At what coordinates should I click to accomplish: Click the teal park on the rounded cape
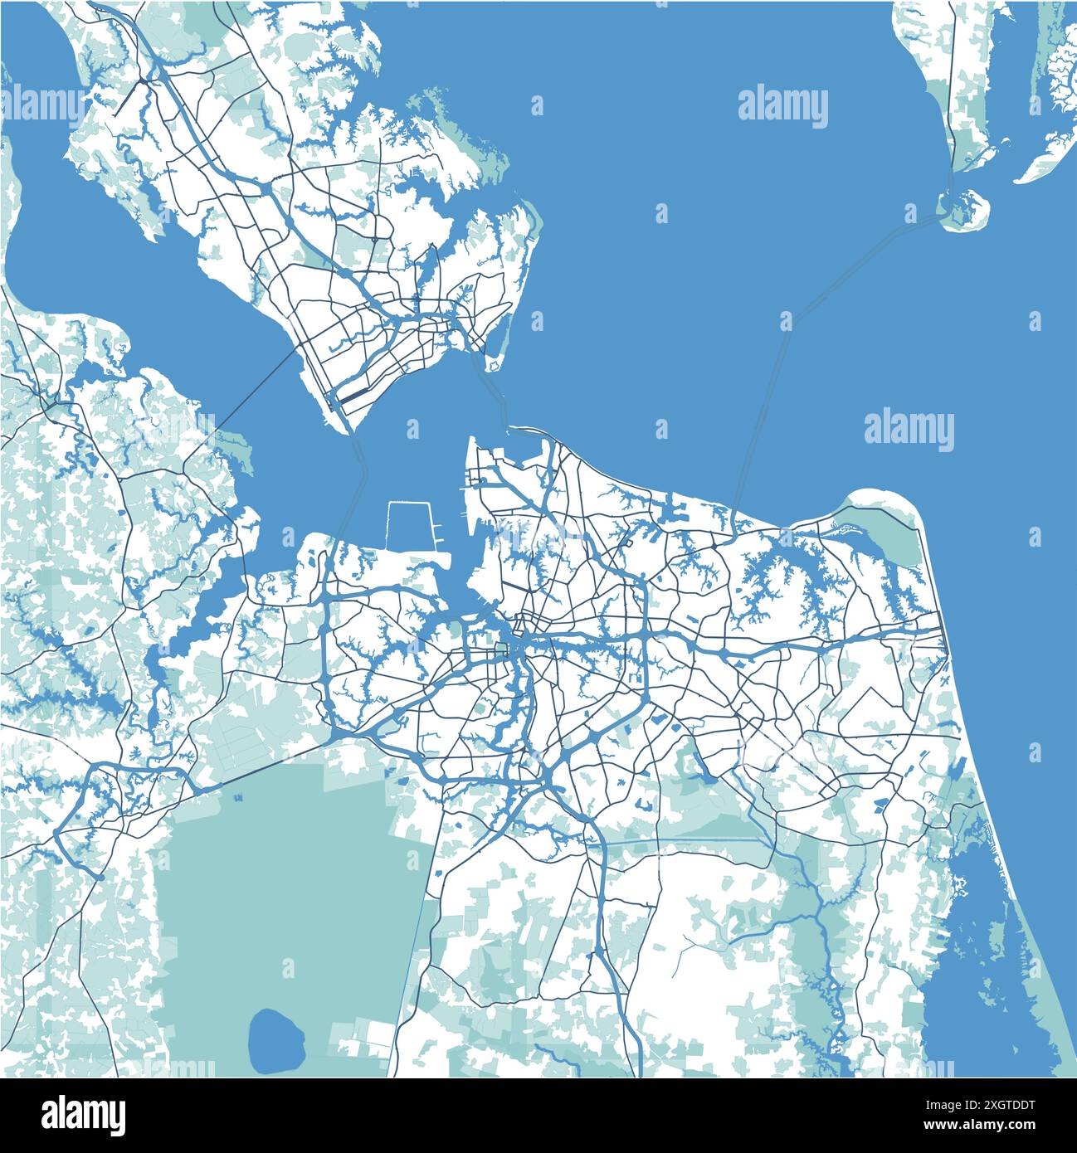tap(878, 534)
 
